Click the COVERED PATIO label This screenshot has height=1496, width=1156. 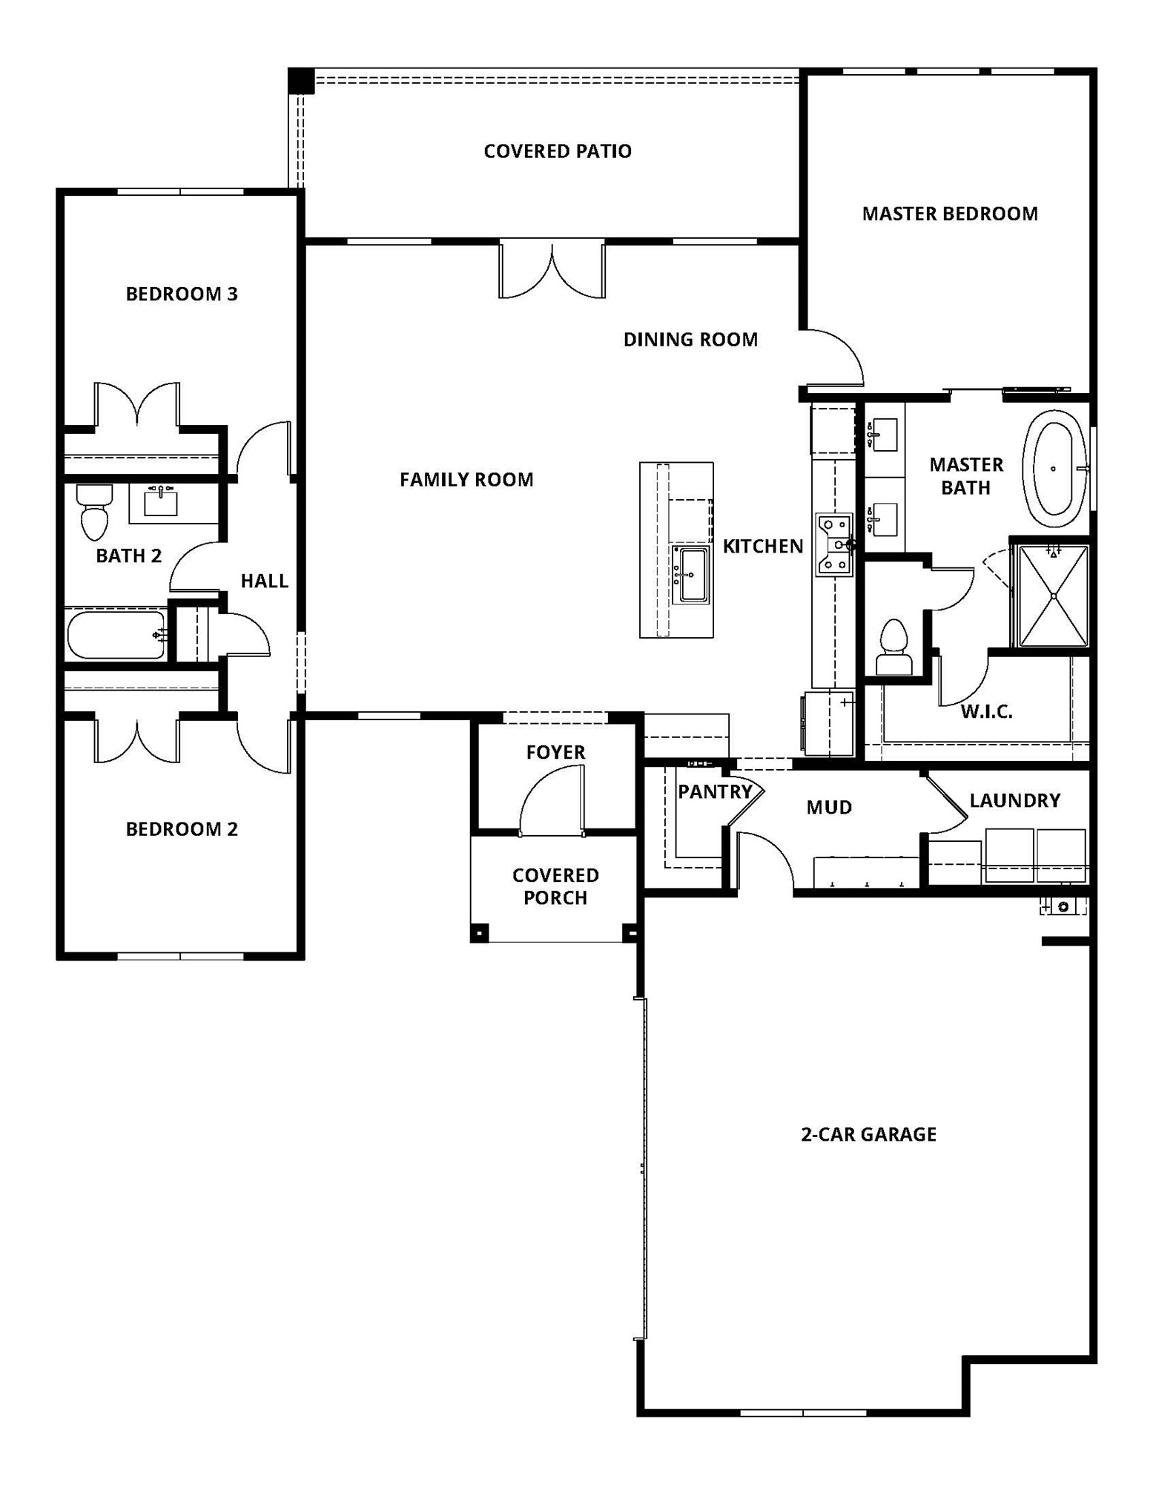[x=557, y=151]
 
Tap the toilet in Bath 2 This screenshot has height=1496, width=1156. [x=94, y=513]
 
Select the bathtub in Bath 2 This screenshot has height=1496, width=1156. [x=116, y=635]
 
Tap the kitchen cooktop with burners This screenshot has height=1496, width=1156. [x=834, y=544]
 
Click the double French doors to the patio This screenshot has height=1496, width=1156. [x=552, y=271]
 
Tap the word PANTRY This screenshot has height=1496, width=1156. [x=715, y=792]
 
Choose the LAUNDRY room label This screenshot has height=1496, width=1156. [x=1014, y=801]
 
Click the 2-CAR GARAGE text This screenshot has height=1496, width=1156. [x=868, y=1134]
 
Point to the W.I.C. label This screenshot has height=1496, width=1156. [x=986, y=712]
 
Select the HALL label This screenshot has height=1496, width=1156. [x=264, y=581]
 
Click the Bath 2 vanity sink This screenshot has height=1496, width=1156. [x=161, y=503]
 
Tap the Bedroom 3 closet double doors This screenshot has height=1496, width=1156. [x=137, y=406]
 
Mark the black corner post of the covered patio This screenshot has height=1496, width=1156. [x=301, y=81]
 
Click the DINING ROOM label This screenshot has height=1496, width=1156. [x=690, y=340]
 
